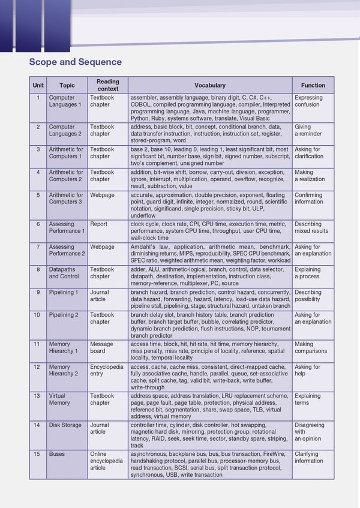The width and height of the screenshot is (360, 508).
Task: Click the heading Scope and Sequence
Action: (75, 62)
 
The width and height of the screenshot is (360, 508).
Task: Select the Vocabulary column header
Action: (209, 85)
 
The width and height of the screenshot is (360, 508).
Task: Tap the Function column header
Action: (313, 85)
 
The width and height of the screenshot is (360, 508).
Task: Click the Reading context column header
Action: (107, 85)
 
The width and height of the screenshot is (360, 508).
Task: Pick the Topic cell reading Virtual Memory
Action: (59, 399)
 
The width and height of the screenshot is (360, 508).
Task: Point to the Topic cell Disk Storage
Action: (65, 425)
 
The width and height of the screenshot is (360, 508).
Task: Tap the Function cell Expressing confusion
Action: (308, 101)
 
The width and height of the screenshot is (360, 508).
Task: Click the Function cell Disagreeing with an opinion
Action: (310, 432)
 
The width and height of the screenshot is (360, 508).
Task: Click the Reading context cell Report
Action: (98, 224)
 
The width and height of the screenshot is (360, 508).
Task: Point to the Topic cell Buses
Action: (56, 455)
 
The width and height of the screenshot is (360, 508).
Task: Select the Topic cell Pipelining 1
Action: (64, 292)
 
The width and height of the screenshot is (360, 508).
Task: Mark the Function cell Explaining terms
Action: (307, 399)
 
